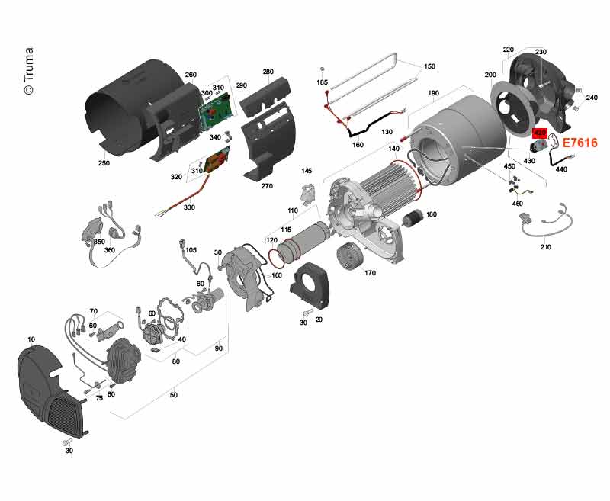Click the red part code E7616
click(x=580, y=143)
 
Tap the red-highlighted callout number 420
click(x=540, y=133)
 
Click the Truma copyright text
click(x=29, y=71)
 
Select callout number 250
click(x=104, y=163)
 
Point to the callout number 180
click(x=432, y=214)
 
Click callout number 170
click(x=370, y=273)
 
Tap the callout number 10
click(x=31, y=340)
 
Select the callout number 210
click(x=545, y=247)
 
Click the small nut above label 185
click(x=322, y=69)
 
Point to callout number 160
click(x=358, y=145)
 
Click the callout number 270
click(x=267, y=186)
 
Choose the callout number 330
click(x=189, y=207)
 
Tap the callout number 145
click(x=307, y=171)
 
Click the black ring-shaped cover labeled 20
click(x=310, y=284)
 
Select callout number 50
click(x=174, y=395)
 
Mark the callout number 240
click(x=592, y=98)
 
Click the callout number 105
click(x=191, y=250)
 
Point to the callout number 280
click(x=268, y=72)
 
